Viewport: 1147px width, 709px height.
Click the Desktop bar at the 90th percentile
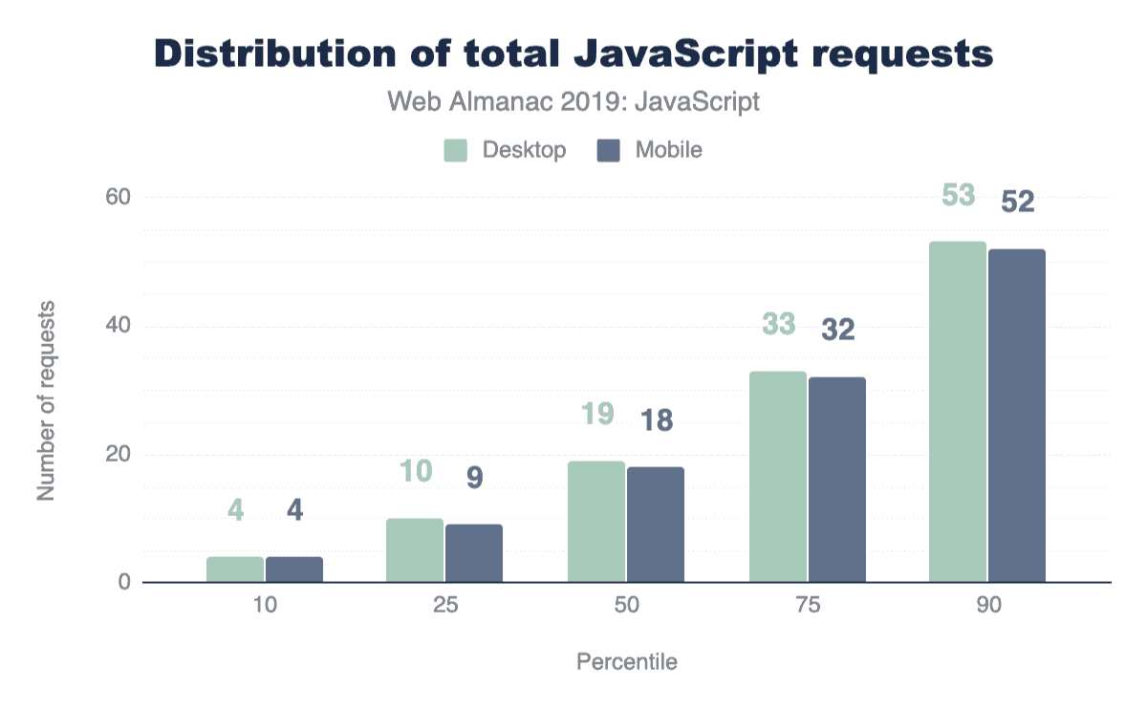pyautogui.click(x=958, y=412)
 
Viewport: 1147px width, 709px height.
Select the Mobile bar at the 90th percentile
pyautogui.click(x=1017, y=416)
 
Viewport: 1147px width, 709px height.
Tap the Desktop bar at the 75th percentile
pyautogui.click(x=777, y=477)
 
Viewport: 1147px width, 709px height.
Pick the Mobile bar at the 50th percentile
pyautogui.click(x=656, y=525)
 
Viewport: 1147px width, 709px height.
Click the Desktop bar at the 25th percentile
pyautogui.click(x=415, y=550)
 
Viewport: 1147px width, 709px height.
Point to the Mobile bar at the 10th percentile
pyautogui.click(x=294, y=569)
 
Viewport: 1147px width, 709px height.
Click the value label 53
pyautogui.click(x=958, y=195)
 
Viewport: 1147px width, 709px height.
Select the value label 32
pyautogui.click(x=836, y=330)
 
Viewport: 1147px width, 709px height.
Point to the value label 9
pyautogui.click(x=474, y=478)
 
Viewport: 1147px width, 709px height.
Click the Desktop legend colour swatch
pyautogui.click(x=456, y=150)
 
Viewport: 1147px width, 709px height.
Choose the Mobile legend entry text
pyautogui.click(x=668, y=150)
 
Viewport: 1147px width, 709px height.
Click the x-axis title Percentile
pyautogui.click(x=626, y=662)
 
